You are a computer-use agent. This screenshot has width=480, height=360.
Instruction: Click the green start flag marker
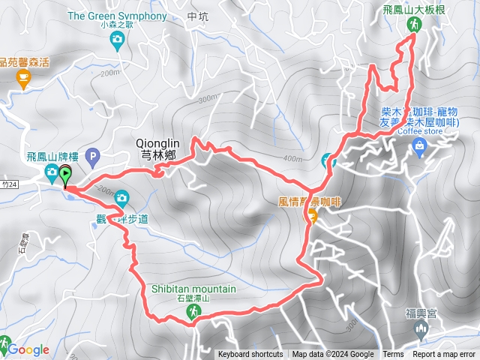pos(65,175)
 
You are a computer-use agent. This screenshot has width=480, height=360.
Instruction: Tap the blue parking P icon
pos(93,157)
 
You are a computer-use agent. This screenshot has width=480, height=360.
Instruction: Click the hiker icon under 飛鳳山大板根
pos(414,25)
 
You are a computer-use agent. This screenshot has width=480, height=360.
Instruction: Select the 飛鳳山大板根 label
pos(414,8)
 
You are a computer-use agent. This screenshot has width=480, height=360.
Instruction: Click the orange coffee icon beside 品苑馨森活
pos(22,78)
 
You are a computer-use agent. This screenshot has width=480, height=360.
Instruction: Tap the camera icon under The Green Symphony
pos(116,43)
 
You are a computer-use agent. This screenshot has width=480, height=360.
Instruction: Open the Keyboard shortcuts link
pos(250,355)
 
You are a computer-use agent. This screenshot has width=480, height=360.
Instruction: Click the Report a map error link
pos(444,355)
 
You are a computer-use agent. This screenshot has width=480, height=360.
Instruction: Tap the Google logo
pos(28,349)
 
